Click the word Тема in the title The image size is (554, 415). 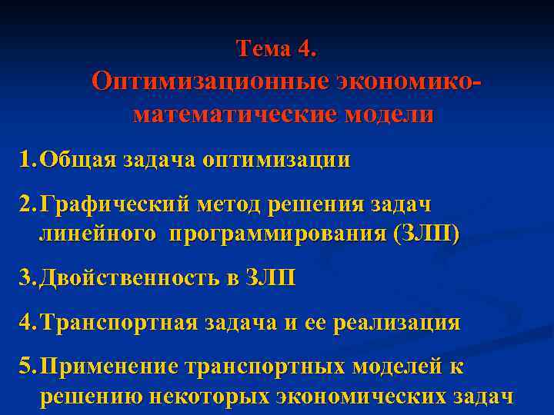pos(262,48)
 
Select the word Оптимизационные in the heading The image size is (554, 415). pos(210,81)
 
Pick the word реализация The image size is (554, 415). pos(397,323)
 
